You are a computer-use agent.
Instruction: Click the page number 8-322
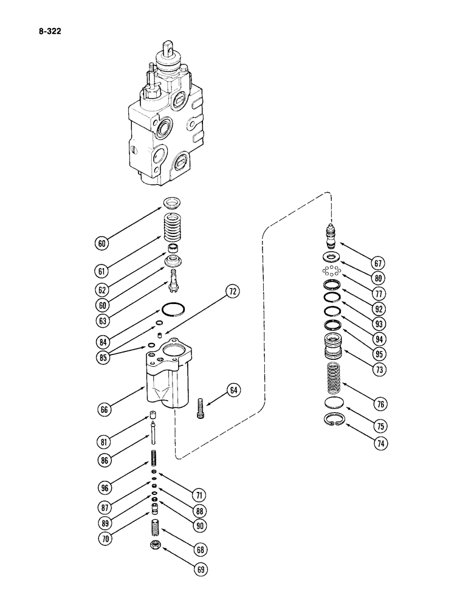coord(39,27)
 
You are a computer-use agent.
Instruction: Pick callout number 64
coord(233,389)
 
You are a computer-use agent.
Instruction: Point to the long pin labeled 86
coord(153,443)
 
